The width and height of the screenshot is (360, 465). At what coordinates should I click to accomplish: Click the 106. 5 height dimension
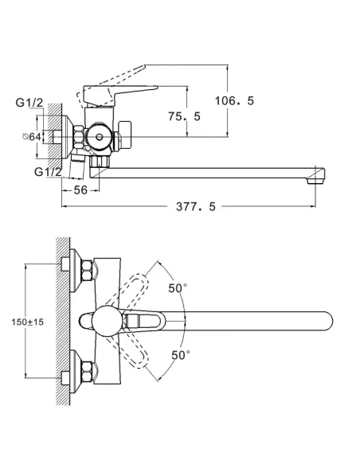[x=234, y=101]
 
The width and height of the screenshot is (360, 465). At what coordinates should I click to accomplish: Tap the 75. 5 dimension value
[x=184, y=116]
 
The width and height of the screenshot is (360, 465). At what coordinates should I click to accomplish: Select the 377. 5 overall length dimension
[x=196, y=206]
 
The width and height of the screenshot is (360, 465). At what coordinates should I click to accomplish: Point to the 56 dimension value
[x=80, y=190]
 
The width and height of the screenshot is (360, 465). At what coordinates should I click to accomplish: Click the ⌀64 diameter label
[x=32, y=137]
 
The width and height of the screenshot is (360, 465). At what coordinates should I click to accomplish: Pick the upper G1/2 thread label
[x=29, y=103]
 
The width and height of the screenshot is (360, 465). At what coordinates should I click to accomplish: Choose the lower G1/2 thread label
[x=48, y=172]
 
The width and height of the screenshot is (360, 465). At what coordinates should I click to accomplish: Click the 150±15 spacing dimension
[x=28, y=322]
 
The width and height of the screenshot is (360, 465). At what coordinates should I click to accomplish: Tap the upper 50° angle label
[x=178, y=288]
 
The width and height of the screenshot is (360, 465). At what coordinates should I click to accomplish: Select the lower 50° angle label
[x=181, y=354]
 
